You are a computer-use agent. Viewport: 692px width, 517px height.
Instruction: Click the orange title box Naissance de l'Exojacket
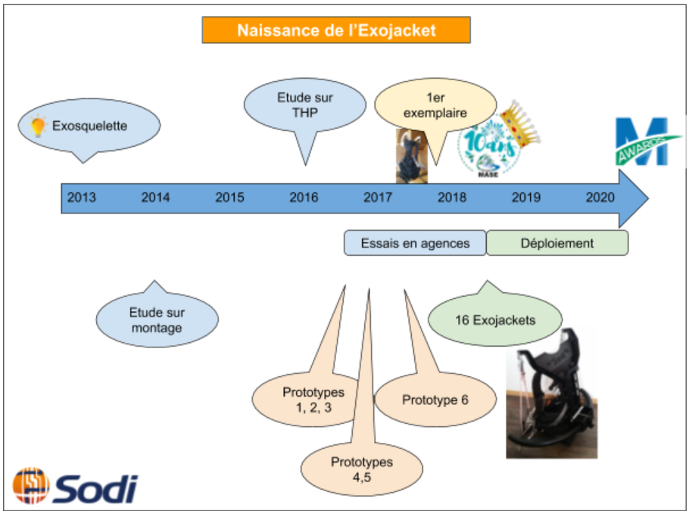(336, 30)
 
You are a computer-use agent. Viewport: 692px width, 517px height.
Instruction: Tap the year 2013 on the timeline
(82, 198)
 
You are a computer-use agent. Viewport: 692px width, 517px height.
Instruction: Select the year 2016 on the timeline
(304, 198)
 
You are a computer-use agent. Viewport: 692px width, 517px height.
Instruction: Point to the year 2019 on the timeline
(526, 198)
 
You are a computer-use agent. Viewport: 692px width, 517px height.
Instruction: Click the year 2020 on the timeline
(600, 198)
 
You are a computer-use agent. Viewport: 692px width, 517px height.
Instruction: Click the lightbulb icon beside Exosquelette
(38, 126)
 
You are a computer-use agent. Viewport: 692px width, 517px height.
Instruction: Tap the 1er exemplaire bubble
(435, 106)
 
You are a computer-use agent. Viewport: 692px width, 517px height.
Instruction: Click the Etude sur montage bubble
(157, 319)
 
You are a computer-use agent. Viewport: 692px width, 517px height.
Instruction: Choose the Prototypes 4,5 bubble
(362, 468)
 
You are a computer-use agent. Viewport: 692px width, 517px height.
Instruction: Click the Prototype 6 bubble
(435, 399)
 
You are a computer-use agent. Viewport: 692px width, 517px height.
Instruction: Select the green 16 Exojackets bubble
(495, 320)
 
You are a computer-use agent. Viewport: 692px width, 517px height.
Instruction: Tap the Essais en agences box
(415, 244)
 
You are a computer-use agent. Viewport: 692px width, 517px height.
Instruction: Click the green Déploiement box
(557, 244)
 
